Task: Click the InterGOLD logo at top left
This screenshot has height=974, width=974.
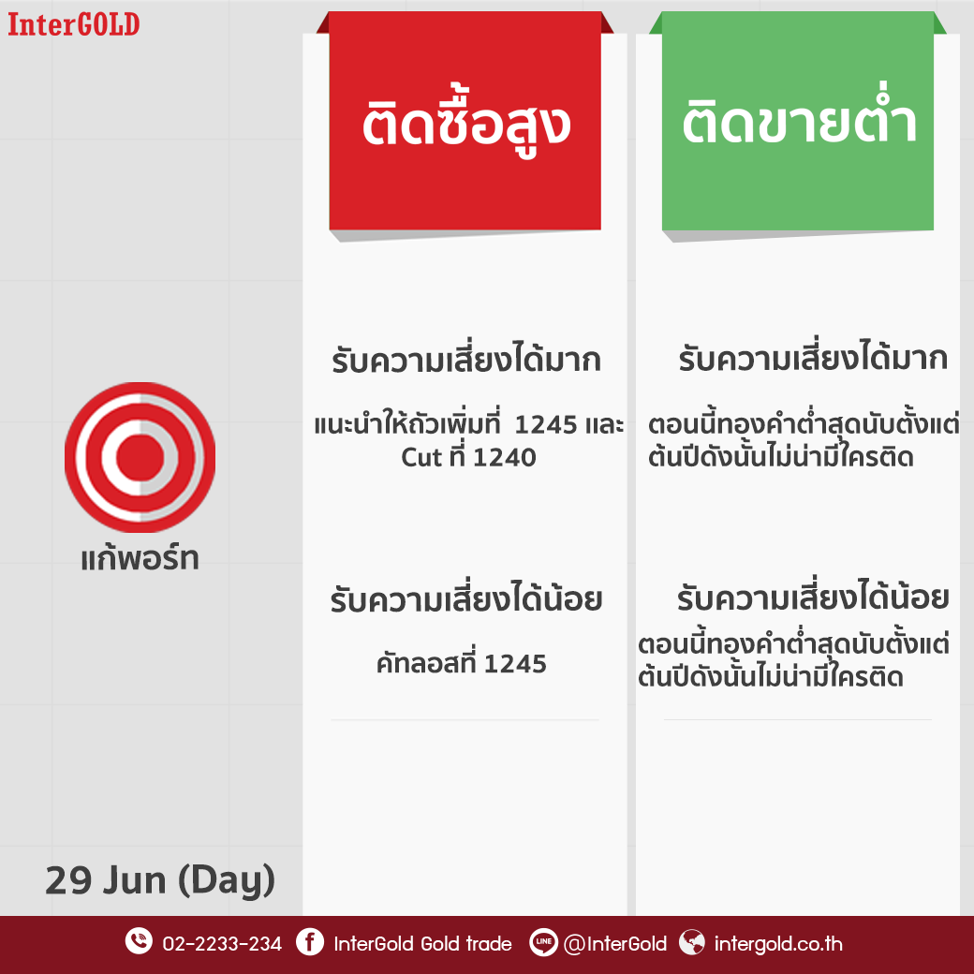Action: tap(73, 25)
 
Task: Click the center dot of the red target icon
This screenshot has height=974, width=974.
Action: tap(140, 457)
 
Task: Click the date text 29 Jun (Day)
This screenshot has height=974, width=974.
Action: tap(160, 881)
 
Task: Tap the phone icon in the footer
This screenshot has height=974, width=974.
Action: tap(139, 941)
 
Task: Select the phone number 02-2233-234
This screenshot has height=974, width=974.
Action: tap(222, 944)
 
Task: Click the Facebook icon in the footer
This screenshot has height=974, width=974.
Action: tap(309, 942)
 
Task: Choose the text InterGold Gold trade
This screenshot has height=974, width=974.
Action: tap(422, 944)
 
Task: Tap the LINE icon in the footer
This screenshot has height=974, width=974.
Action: tap(543, 942)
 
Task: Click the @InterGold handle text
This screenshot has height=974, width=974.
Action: tap(615, 944)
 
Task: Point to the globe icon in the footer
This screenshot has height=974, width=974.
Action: tap(692, 942)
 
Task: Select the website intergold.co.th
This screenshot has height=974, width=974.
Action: tap(778, 944)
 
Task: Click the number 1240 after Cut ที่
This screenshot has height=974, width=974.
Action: tap(505, 458)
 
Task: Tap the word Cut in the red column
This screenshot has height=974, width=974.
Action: tap(421, 458)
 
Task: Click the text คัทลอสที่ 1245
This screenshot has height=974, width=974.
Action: tap(461, 663)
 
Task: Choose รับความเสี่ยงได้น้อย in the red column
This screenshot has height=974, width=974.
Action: tap(465, 598)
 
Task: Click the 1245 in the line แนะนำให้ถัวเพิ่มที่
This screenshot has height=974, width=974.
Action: tap(546, 425)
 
